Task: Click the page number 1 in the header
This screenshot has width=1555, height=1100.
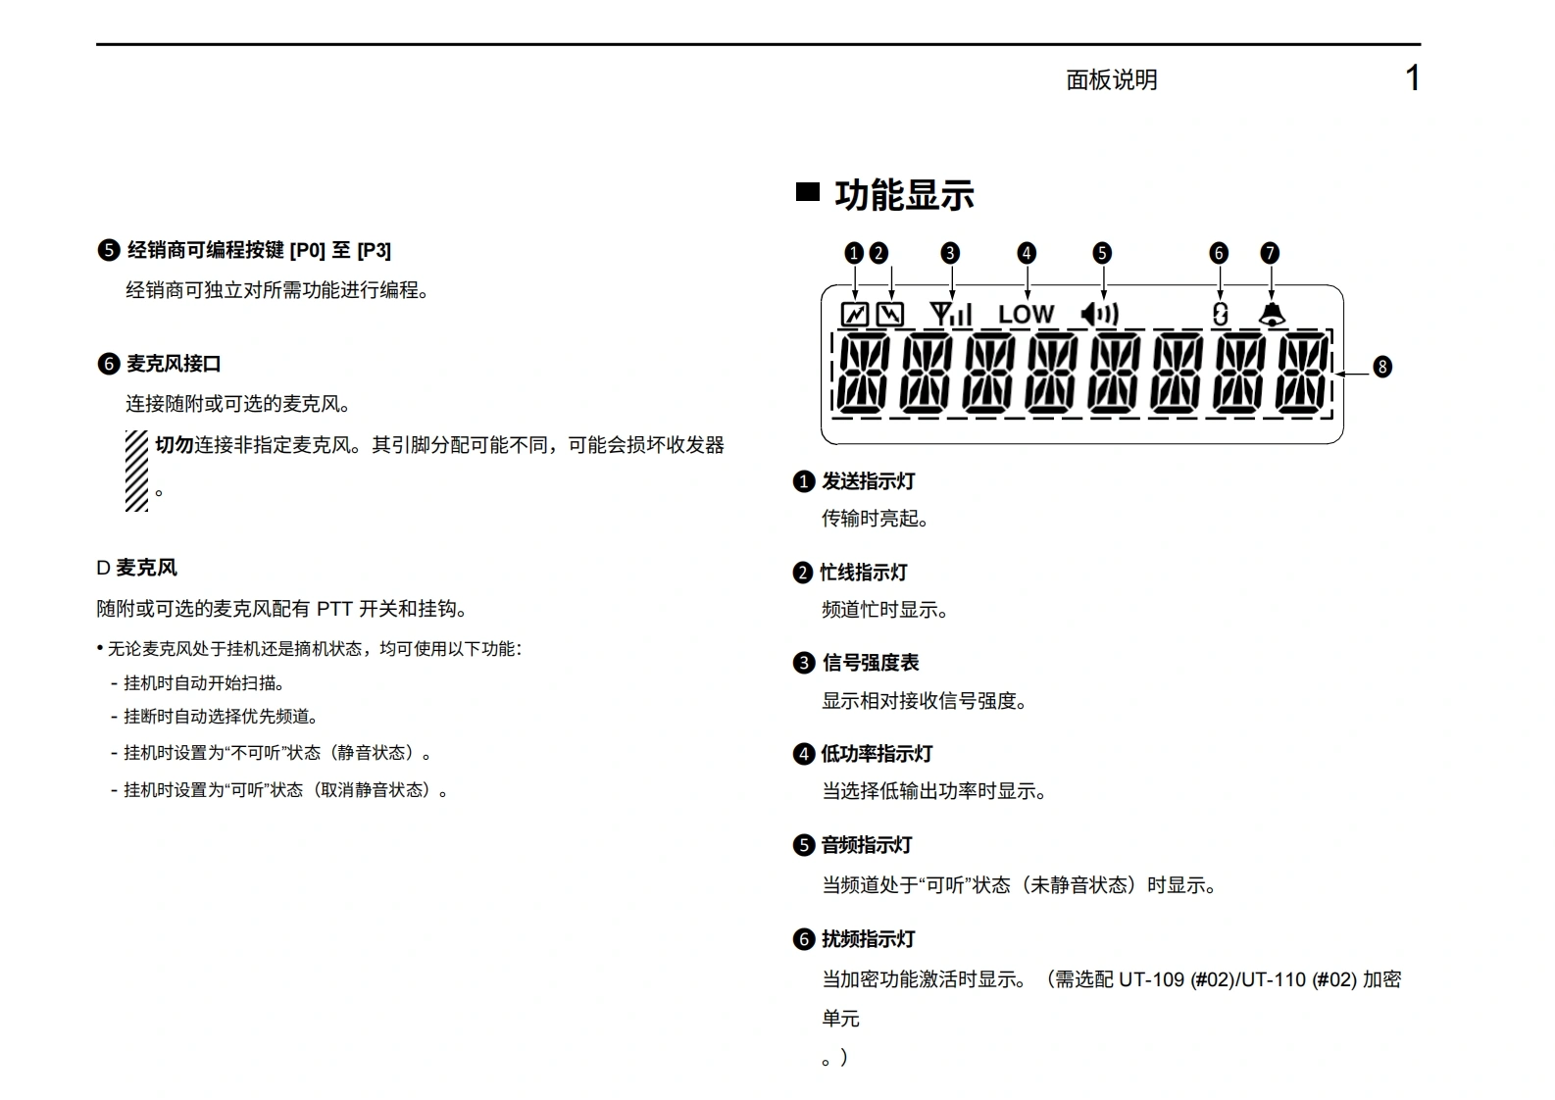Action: tap(1412, 78)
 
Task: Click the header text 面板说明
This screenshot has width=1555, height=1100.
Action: tap(1111, 80)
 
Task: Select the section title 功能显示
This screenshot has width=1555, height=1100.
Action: tap(903, 195)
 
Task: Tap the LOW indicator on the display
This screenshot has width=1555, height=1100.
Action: tap(1026, 315)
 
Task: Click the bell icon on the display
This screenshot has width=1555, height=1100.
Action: tap(1272, 314)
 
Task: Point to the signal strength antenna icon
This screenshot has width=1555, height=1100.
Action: tap(950, 314)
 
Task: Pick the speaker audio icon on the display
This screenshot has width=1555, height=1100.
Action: tap(1100, 314)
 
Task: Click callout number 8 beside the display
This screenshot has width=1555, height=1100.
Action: tap(1381, 367)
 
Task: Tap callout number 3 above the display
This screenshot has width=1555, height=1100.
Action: tap(949, 253)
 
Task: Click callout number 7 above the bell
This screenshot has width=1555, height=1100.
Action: tap(1270, 253)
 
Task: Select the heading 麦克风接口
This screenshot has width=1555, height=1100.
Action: tap(174, 364)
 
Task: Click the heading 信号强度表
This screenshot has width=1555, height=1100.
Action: tap(870, 663)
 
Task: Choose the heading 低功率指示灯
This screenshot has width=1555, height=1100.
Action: tap(877, 754)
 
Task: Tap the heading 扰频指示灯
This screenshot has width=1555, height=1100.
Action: tap(868, 939)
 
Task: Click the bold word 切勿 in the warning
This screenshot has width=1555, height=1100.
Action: tap(174, 445)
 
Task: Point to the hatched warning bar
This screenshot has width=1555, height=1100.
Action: tap(136, 471)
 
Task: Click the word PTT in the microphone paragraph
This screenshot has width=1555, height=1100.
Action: tap(334, 609)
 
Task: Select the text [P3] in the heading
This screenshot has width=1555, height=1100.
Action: tap(374, 251)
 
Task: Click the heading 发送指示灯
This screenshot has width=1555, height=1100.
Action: tap(868, 481)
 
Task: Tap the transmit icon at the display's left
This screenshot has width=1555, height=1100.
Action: tap(855, 315)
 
